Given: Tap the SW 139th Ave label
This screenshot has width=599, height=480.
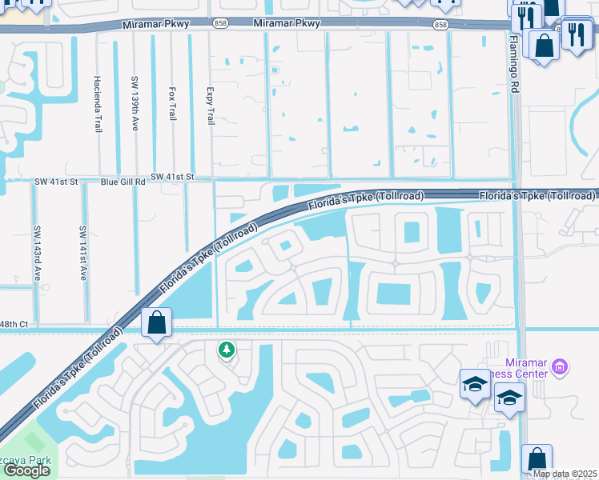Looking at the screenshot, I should pos(135,100).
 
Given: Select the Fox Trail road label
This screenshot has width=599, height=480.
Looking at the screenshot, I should pos(172,104).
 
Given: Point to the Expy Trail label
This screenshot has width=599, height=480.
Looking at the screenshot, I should pos(210,106).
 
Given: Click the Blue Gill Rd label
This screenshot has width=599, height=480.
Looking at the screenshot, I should pos(123,182).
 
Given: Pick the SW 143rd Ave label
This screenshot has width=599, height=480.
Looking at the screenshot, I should pos(37,252).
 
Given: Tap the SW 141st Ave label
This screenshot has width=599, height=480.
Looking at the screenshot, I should pos(82,252).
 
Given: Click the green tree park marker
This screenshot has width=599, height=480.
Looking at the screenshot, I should pos(227,350).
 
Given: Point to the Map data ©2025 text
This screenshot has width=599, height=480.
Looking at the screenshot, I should pos(565,474).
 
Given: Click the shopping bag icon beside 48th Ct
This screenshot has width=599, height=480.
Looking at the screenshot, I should pos(156,323).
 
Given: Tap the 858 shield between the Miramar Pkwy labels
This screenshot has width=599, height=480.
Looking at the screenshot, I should pos(219,25).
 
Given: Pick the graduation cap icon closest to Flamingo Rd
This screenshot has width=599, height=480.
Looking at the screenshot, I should pos(509,397).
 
